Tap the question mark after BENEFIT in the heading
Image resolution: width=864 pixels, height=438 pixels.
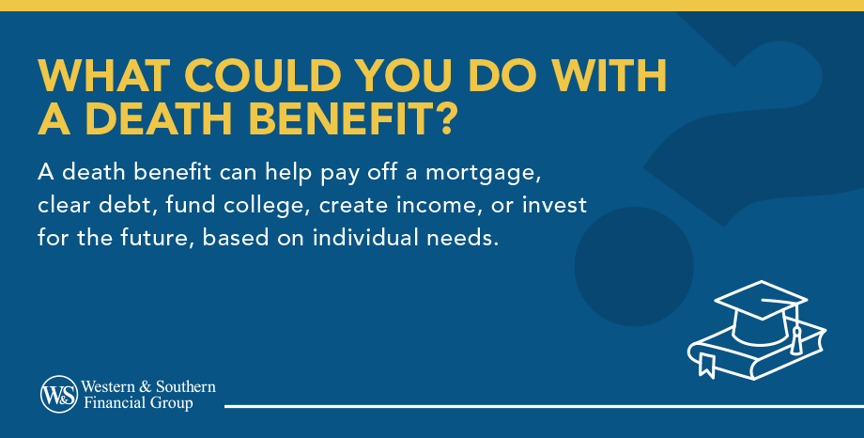pos(446,120)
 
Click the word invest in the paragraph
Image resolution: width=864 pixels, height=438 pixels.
pos(559,205)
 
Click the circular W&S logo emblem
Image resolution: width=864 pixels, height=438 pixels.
pos(59,395)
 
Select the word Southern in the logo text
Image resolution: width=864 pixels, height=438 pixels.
pos(183,386)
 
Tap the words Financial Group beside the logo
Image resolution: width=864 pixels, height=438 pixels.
pos(137,403)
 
